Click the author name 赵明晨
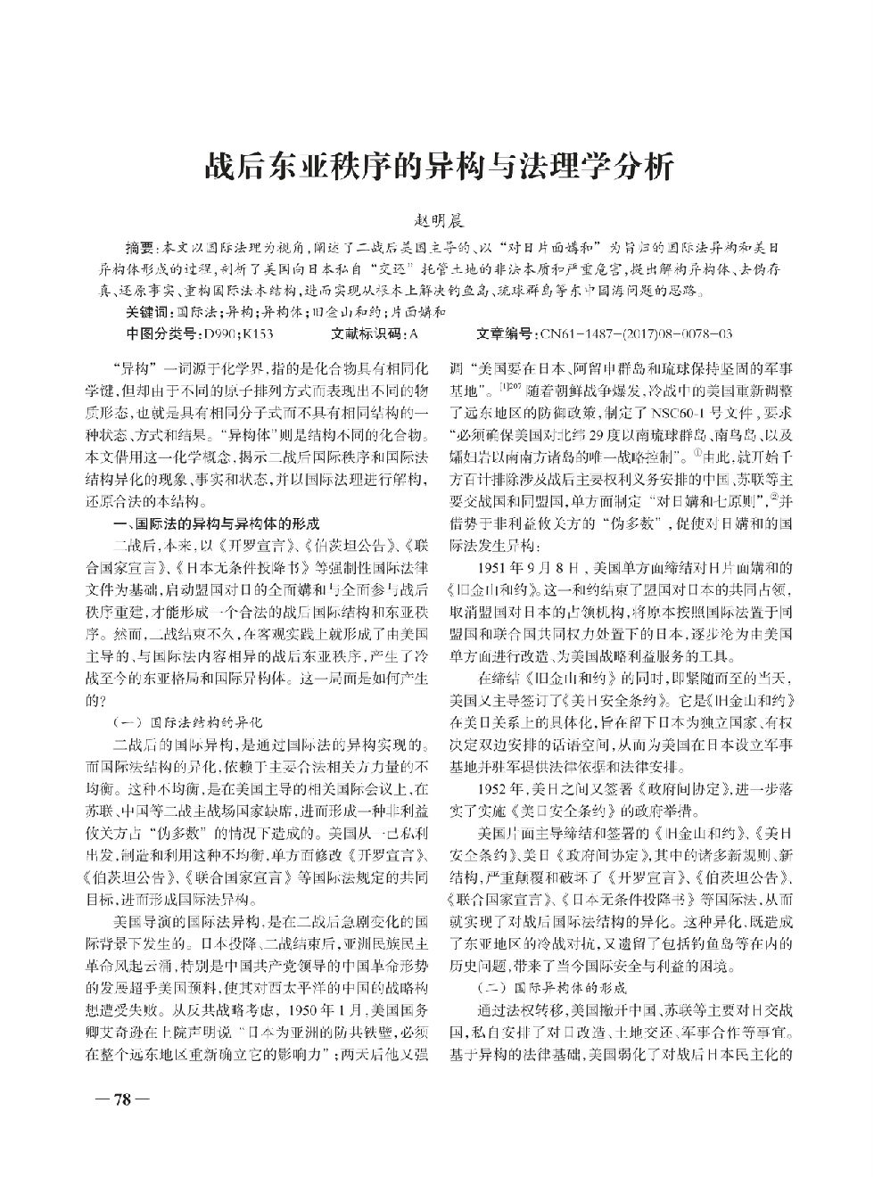[x=437, y=220]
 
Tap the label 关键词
[x=147, y=312]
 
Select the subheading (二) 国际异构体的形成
[x=550, y=988]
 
